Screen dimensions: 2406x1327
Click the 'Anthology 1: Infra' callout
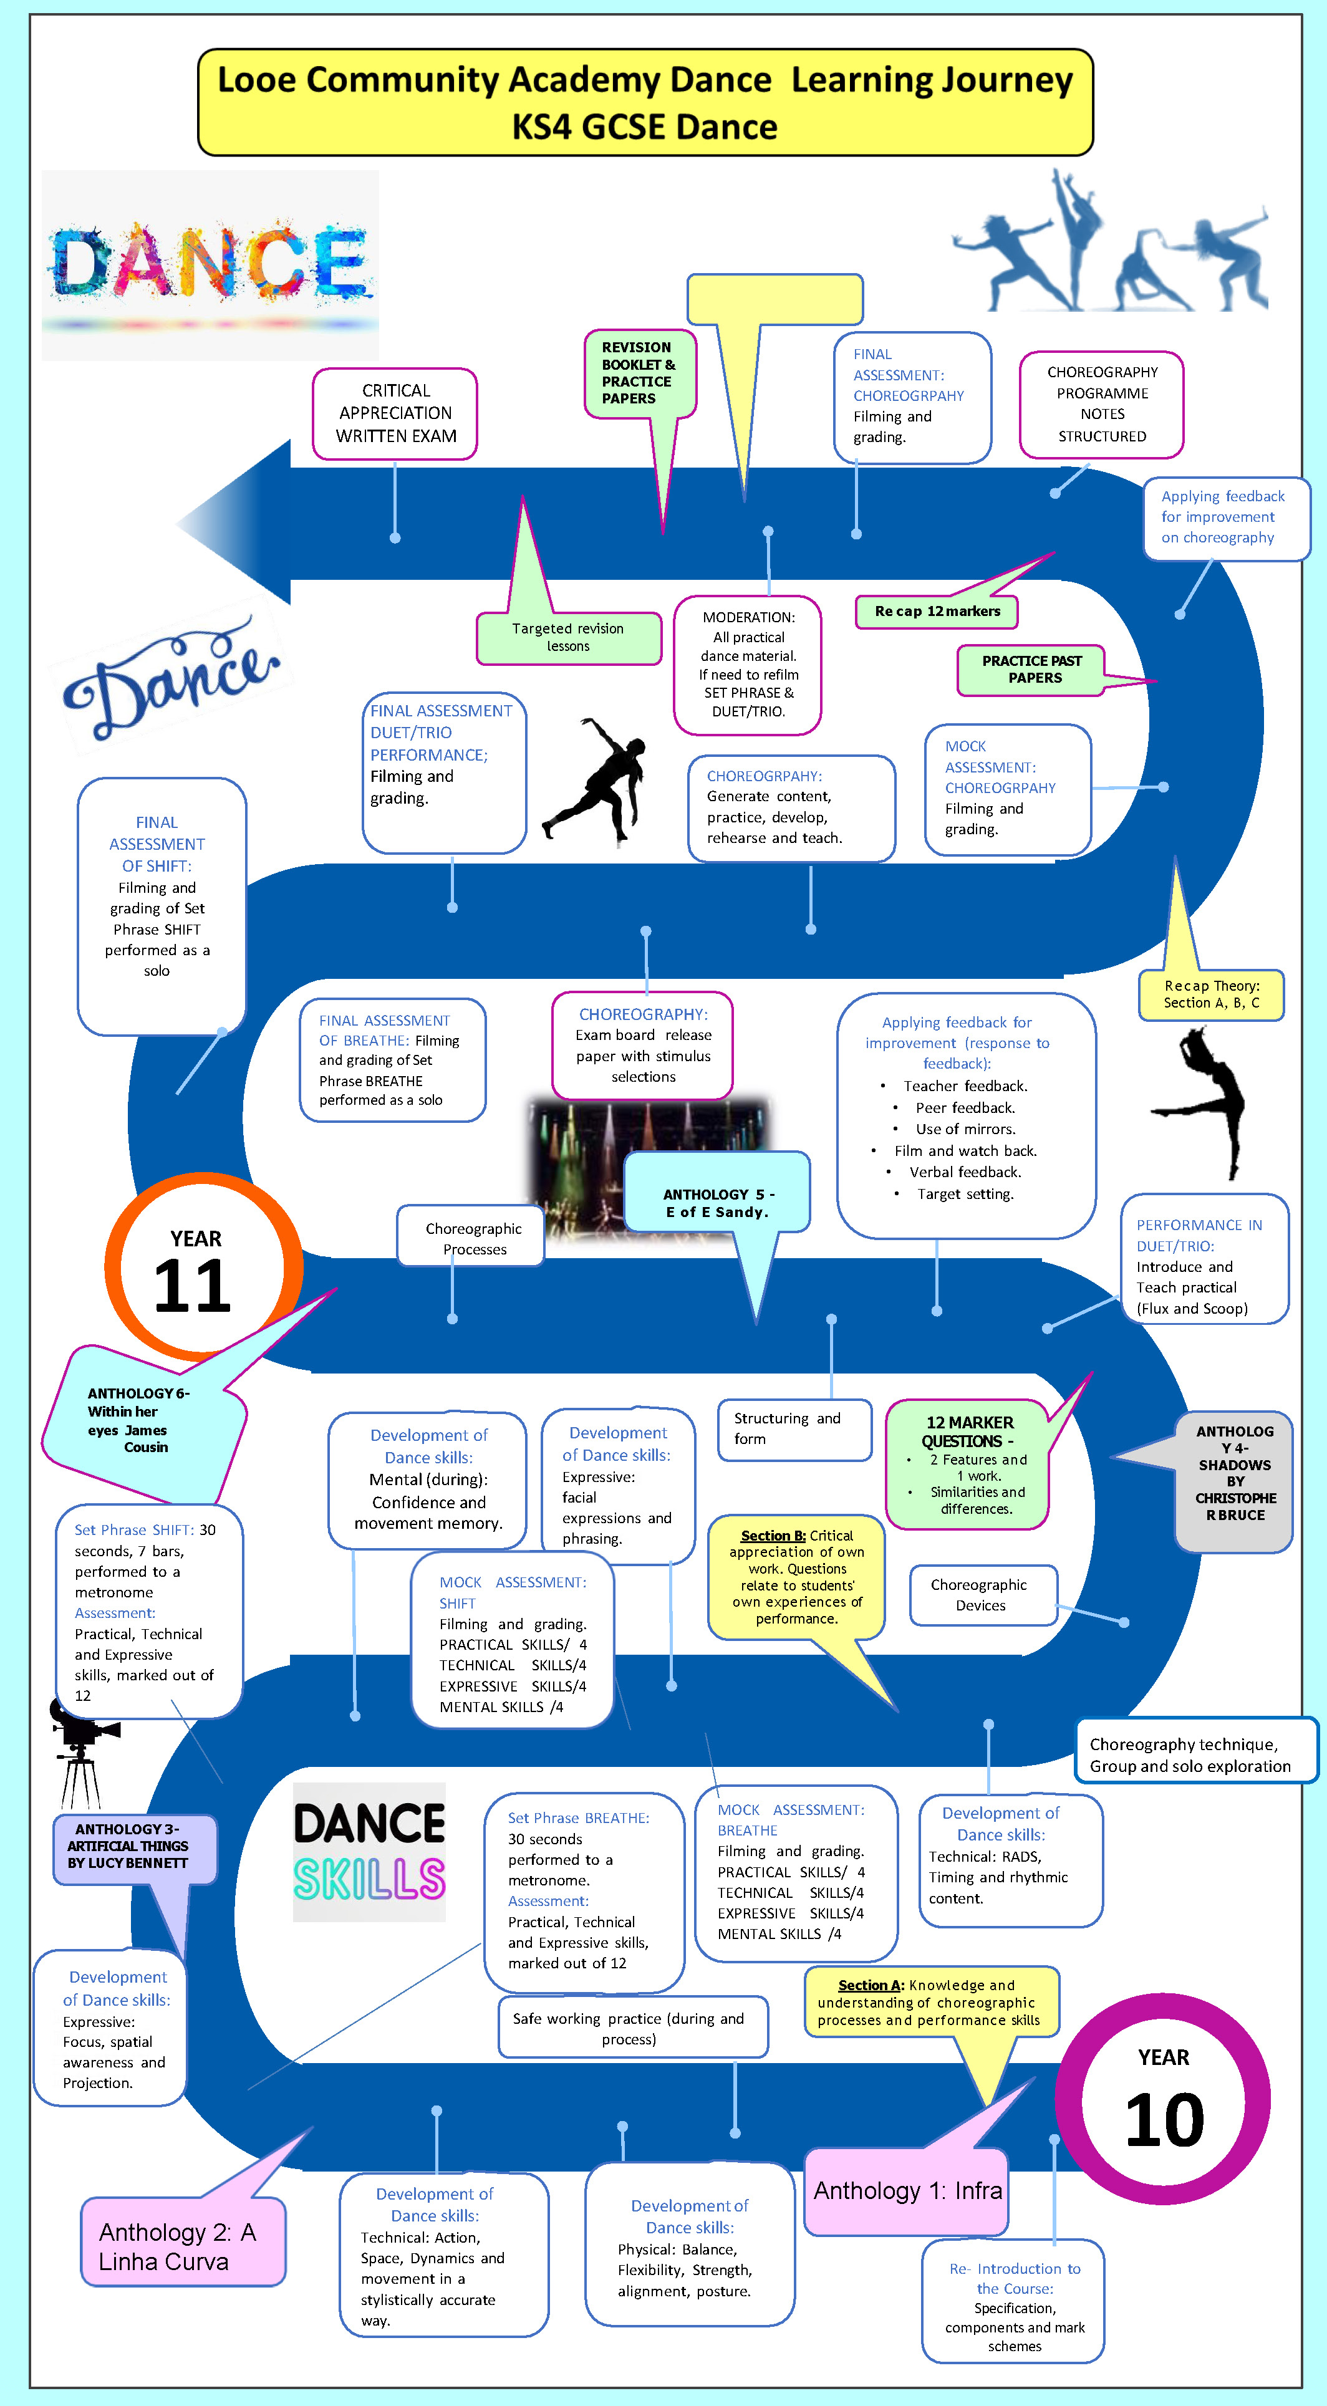click(x=907, y=2190)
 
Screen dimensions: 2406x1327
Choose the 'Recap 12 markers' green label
click(x=937, y=612)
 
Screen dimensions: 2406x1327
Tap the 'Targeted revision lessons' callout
click(x=568, y=637)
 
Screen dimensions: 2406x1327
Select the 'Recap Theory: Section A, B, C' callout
click(x=1211, y=994)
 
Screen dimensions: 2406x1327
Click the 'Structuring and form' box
click(x=794, y=1429)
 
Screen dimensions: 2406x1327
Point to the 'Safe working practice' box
click(x=633, y=2028)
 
